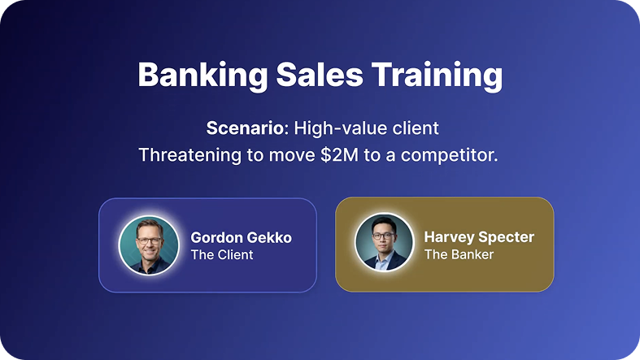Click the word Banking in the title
tap(202, 75)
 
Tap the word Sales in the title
tap(320, 75)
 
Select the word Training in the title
tap(438, 76)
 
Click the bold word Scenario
tap(245, 128)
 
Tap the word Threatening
tap(189, 155)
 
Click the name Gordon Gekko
tap(242, 237)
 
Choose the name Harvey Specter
tap(479, 236)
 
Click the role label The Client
tap(222, 255)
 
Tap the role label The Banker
tap(459, 254)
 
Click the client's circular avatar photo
tap(149, 245)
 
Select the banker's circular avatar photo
tap(384, 242)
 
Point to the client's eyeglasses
tap(149, 241)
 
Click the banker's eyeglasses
tap(382, 236)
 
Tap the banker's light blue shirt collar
tap(383, 259)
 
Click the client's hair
tap(150, 226)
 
